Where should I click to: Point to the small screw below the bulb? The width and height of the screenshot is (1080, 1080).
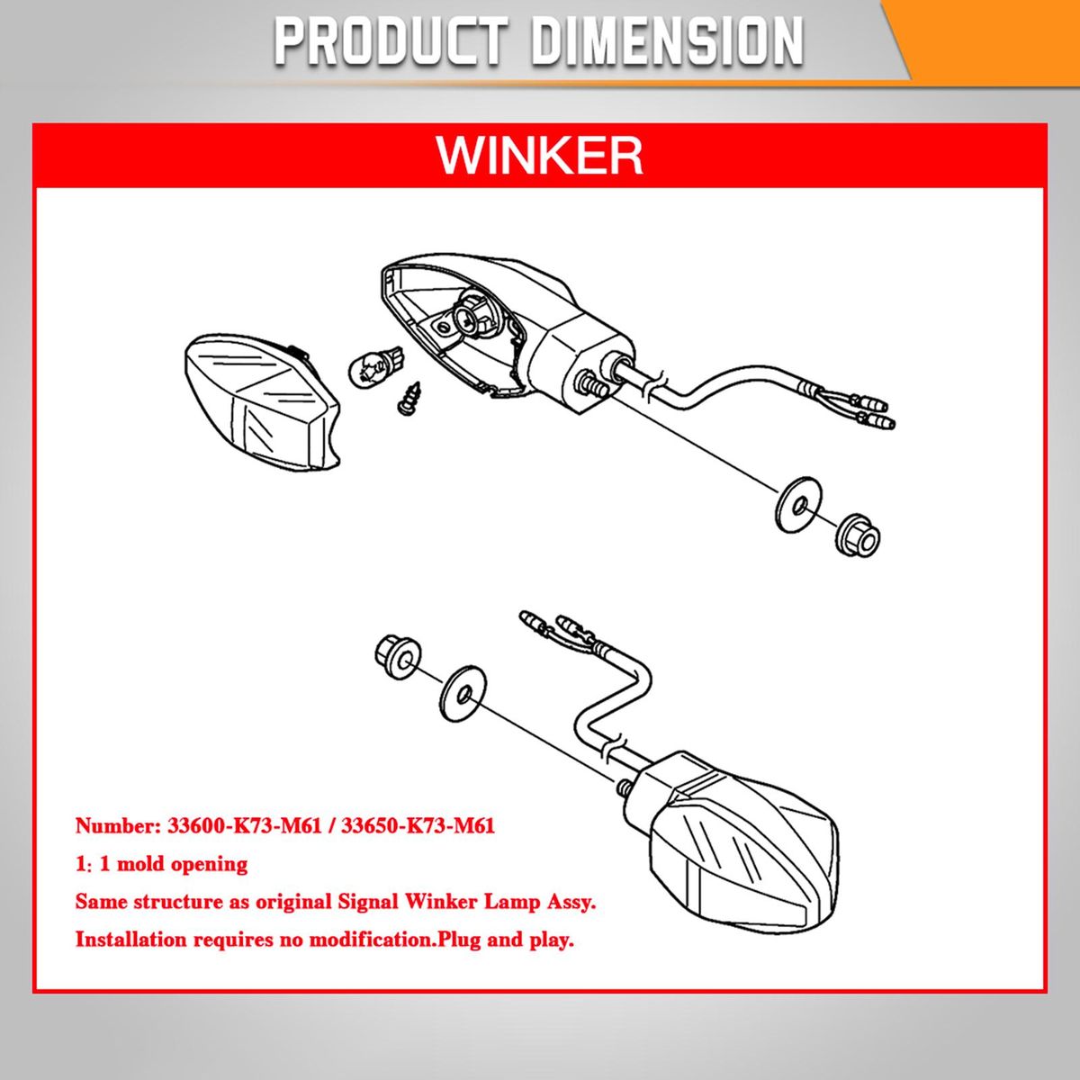(x=408, y=398)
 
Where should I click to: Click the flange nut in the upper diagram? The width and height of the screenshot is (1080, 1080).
(x=858, y=535)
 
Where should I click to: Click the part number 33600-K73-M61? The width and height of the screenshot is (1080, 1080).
(x=245, y=826)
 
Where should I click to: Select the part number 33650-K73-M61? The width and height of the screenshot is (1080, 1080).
(x=418, y=826)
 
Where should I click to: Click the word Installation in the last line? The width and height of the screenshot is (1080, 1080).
(x=131, y=940)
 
